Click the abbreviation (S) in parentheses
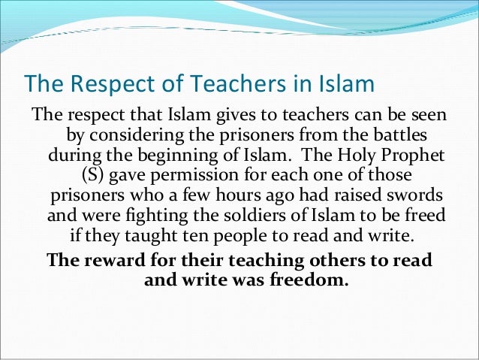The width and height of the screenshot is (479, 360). [x=92, y=175]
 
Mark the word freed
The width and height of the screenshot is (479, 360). [x=423, y=216]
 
